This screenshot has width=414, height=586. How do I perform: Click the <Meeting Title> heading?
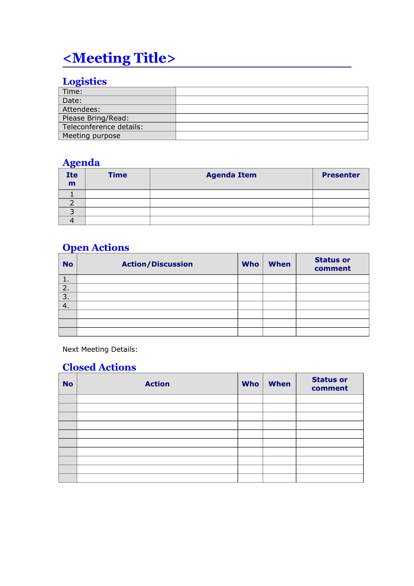(119, 58)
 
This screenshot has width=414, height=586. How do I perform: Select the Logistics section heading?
(85, 81)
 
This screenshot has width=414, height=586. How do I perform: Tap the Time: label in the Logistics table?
(72, 92)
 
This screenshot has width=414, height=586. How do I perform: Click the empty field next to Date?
(272, 100)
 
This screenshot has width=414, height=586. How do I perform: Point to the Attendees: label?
(81, 109)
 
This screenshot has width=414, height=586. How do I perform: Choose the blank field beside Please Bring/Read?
(272, 118)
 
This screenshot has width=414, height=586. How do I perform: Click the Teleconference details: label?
(102, 127)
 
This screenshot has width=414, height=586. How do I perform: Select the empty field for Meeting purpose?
(272, 136)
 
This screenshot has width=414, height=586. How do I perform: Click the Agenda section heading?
(81, 163)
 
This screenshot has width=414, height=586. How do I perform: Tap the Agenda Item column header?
(231, 175)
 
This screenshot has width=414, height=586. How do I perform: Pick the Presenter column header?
(341, 175)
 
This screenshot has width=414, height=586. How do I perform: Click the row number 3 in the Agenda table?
(72, 212)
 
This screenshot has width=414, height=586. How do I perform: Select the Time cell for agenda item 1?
(118, 194)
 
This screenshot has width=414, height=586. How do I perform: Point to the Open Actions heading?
(96, 248)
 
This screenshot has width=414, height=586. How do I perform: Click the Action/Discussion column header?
(157, 264)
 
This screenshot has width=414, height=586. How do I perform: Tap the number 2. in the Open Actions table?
(66, 288)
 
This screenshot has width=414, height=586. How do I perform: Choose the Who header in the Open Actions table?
(250, 264)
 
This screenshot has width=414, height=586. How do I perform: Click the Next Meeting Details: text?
(100, 349)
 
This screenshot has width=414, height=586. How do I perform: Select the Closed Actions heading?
(99, 367)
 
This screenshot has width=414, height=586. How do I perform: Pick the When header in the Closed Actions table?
(279, 384)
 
